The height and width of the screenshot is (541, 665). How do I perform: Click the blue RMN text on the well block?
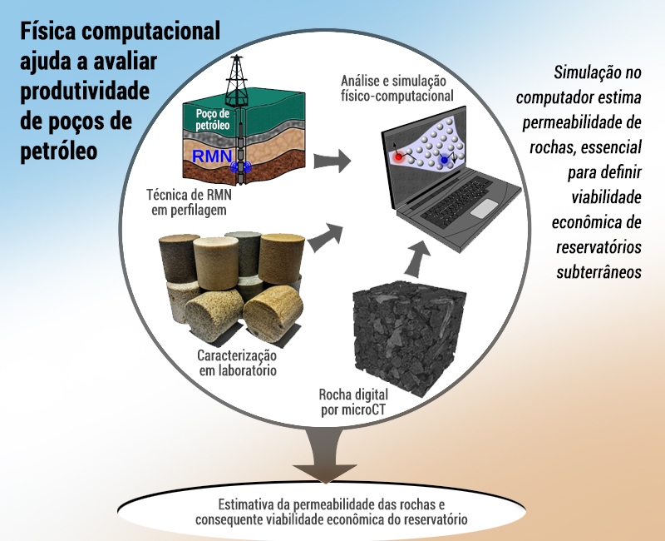pyautogui.click(x=212, y=156)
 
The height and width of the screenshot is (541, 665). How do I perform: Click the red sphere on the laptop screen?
pyautogui.click(x=399, y=157)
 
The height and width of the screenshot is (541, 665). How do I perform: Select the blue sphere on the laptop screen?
pyautogui.click(x=444, y=160)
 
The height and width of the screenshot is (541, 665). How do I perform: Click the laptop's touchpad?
pyautogui.click(x=484, y=208)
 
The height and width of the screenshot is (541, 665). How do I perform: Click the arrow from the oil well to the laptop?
pyautogui.click(x=332, y=161)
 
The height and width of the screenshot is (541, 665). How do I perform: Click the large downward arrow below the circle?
pyautogui.click(x=325, y=455)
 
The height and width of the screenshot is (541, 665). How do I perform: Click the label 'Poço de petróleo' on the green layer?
pyautogui.click(x=213, y=119)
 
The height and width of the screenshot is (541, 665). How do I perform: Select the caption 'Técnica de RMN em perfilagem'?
pyautogui.click(x=190, y=202)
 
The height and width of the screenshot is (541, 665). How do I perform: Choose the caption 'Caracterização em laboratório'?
pyautogui.click(x=238, y=363)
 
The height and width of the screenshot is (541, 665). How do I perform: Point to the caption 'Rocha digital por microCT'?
pyautogui.click(x=353, y=402)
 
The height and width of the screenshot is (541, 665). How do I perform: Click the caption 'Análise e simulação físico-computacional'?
pyautogui.click(x=397, y=88)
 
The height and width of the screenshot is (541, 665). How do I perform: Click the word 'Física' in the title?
pyautogui.click(x=46, y=31)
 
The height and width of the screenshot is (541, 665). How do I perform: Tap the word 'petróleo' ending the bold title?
pyautogui.click(x=59, y=151)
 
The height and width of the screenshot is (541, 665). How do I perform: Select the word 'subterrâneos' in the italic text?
pyautogui.click(x=598, y=272)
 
